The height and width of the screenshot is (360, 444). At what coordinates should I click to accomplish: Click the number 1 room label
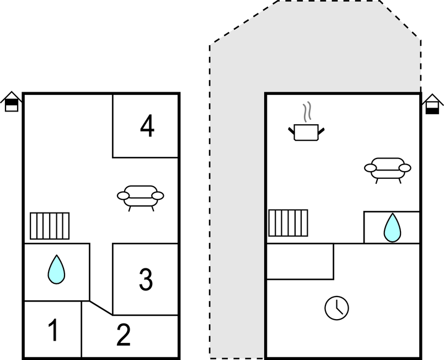click(53, 331)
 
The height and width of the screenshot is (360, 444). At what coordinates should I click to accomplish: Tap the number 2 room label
click(123, 335)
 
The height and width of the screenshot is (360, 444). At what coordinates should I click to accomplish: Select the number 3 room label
click(145, 279)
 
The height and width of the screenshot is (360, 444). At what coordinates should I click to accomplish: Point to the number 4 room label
click(147, 126)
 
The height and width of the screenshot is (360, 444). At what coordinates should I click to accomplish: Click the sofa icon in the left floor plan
click(141, 197)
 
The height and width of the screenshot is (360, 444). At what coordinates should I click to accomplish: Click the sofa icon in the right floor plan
click(387, 169)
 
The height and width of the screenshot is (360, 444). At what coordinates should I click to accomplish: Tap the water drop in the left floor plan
click(56, 269)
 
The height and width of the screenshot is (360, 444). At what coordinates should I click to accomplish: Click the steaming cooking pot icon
click(306, 131)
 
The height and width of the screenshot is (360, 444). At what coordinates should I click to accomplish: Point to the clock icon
click(336, 308)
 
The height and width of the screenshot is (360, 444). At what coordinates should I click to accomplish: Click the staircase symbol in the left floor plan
click(50, 226)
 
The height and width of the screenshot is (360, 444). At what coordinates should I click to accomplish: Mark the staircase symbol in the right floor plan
click(288, 223)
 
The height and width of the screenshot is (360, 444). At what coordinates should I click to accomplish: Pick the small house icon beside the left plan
click(12, 102)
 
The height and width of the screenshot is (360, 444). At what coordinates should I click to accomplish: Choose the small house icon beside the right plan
click(432, 104)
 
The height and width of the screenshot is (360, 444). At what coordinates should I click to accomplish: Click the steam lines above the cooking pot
click(308, 112)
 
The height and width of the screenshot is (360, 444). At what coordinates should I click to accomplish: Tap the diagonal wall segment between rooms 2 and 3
click(101, 308)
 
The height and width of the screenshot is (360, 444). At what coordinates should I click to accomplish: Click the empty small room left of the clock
click(300, 261)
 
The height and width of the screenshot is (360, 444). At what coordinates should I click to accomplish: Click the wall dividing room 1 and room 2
click(81, 330)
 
